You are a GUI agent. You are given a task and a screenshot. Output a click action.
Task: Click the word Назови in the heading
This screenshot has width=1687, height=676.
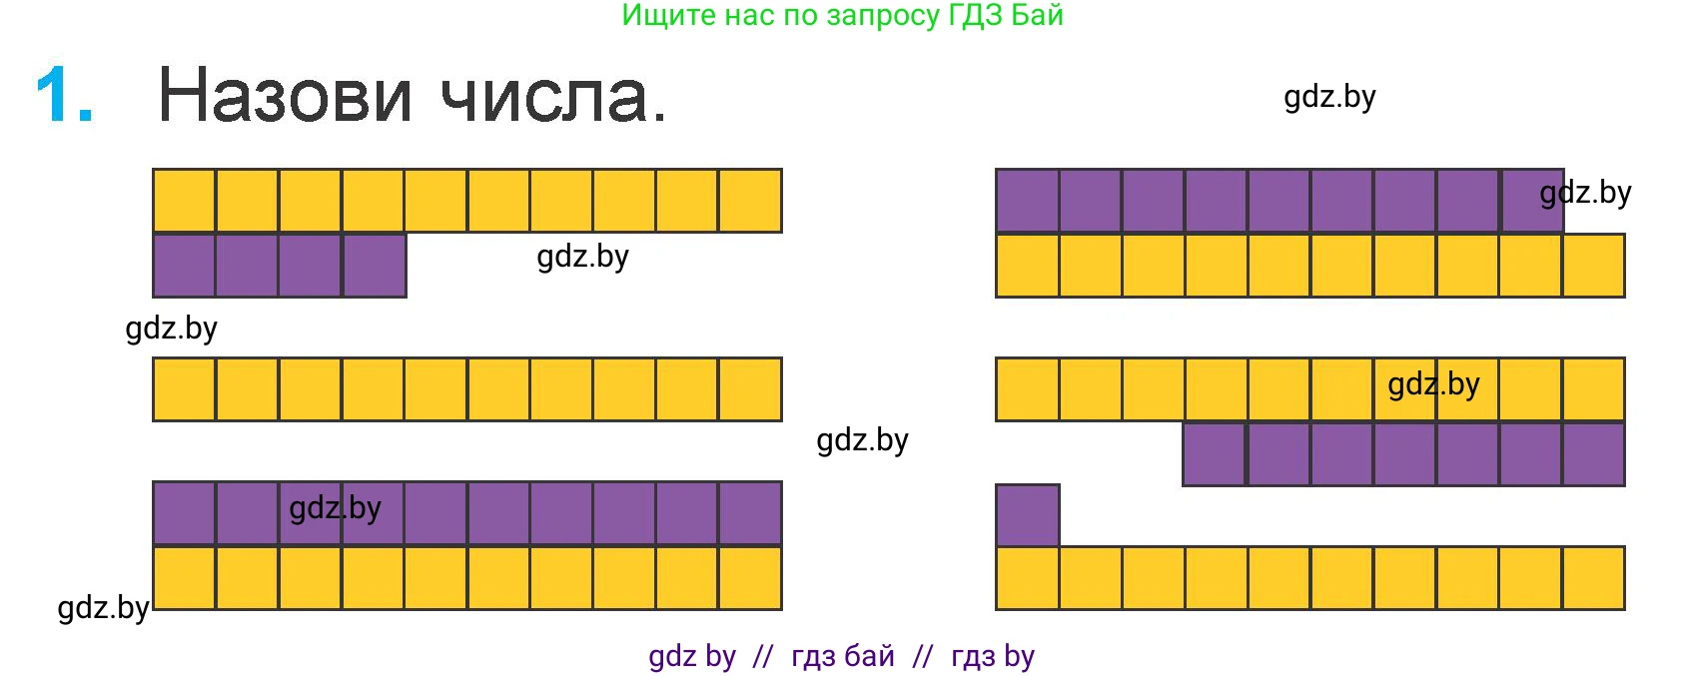click(x=285, y=95)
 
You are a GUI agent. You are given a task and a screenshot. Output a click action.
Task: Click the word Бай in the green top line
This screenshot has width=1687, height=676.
click(x=1037, y=15)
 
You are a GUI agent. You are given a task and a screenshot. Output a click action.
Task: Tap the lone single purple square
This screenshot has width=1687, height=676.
click(x=1027, y=515)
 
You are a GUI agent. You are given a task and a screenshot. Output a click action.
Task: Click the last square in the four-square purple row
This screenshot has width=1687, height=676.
click(x=375, y=265)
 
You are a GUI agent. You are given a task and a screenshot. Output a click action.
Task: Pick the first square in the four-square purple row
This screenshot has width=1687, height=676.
click(x=185, y=265)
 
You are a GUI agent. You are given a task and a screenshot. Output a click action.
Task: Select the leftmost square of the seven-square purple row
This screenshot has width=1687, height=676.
click(x=1214, y=454)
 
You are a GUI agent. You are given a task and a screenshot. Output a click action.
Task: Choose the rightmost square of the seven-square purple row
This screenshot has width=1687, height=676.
click(x=1594, y=454)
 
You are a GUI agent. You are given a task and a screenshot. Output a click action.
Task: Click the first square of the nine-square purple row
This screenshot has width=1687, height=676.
click(x=1027, y=201)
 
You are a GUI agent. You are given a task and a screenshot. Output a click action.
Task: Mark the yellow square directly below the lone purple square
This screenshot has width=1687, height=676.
click(x=1027, y=578)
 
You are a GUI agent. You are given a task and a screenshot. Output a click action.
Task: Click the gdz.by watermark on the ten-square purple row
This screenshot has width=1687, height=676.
click(x=336, y=509)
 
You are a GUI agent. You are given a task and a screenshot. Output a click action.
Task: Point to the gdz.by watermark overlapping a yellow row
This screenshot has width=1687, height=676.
click(x=1434, y=385)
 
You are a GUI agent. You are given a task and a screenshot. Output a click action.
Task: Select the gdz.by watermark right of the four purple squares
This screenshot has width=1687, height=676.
click(x=583, y=258)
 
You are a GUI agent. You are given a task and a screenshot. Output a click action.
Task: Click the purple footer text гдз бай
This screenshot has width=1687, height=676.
click(x=843, y=656)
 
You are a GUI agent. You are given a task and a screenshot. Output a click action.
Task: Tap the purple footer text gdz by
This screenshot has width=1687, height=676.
click(x=692, y=657)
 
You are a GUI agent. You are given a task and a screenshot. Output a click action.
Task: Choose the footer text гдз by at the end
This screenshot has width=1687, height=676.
click(x=993, y=657)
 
